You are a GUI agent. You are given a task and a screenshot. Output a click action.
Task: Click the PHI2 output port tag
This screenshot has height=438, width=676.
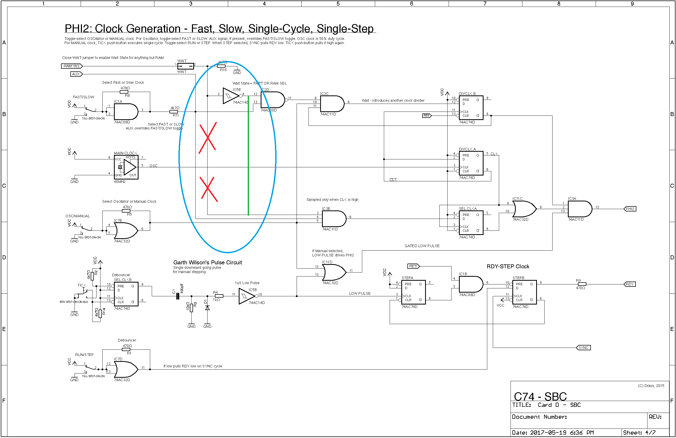click(630, 209)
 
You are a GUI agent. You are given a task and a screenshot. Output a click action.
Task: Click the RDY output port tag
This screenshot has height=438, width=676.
click(629, 284)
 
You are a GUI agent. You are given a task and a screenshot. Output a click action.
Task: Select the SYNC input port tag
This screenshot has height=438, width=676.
click(583, 347)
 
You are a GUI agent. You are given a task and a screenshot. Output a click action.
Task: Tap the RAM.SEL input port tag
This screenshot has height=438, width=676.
click(72, 66)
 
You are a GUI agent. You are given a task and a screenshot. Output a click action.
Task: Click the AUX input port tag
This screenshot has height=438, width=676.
click(76, 74)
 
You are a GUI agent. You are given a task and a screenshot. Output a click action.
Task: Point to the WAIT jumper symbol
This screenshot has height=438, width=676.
click(186, 66)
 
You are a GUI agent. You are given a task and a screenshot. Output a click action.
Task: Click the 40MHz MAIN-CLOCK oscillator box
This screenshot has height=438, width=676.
click(126, 167)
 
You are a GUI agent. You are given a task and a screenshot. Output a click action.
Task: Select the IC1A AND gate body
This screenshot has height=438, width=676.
click(125, 112)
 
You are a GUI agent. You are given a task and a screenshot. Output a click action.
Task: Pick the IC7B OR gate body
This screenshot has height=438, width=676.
click(125, 230)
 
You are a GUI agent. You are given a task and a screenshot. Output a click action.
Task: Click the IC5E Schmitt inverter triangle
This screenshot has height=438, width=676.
click(230, 96)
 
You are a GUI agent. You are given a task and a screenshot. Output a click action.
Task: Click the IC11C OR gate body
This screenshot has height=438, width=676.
click(524, 209)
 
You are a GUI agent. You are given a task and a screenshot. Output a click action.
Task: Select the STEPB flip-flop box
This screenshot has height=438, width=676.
click(524, 292)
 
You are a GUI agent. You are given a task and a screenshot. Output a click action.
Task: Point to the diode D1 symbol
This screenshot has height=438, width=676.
click(207, 308)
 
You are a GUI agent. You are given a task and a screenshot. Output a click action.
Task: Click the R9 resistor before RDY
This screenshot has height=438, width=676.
click(582, 284)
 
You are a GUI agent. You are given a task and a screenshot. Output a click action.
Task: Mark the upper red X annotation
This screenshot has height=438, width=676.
click(208, 137)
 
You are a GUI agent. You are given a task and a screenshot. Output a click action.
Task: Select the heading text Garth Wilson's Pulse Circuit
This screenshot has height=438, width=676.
click(208, 262)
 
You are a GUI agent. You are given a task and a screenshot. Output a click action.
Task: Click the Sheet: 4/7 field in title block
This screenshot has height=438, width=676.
click(639, 432)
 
